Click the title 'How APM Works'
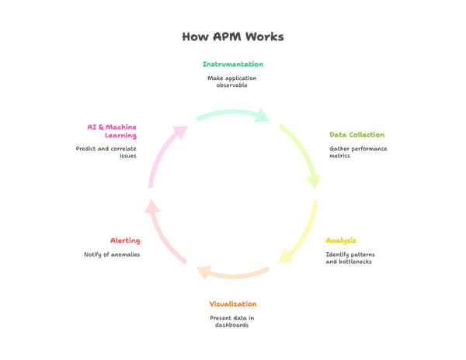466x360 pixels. point(232,36)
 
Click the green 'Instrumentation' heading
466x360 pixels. point(232,64)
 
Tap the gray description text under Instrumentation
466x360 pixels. point(232,81)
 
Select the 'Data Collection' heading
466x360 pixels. point(356,135)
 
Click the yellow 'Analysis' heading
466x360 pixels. point(342,240)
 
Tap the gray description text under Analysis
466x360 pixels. point(349,257)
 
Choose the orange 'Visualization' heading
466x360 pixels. point(232,303)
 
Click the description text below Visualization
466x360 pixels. point(232,321)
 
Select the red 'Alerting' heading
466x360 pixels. point(125,241)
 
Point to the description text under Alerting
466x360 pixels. point(113,254)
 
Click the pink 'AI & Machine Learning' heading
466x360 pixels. point(112,130)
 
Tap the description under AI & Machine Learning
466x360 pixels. point(106,151)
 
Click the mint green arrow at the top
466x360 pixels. point(232,116)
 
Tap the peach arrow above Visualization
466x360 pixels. point(232,272)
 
